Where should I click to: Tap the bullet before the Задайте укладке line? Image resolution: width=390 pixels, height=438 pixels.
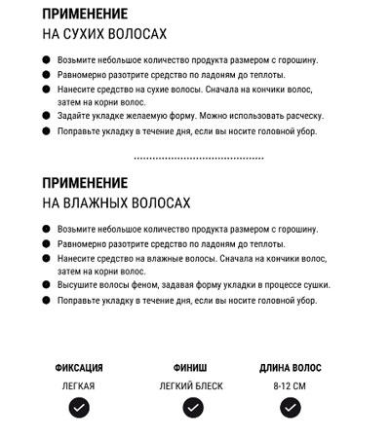(47, 116)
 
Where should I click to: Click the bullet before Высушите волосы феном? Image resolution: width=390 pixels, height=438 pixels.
(47, 285)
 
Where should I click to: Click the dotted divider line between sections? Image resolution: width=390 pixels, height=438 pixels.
(198, 157)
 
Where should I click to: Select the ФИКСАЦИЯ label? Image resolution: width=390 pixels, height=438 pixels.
(79, 368)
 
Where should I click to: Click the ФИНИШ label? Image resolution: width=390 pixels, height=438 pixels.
(190, 368)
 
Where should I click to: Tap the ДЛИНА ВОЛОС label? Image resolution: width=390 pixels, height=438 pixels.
(290, 368)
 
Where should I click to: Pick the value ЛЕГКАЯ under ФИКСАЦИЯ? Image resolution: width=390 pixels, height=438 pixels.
(79, 386)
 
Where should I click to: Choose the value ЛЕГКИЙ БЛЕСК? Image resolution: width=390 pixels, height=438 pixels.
(191, 386)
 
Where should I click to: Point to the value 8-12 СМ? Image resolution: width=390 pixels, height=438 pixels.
(290, 386)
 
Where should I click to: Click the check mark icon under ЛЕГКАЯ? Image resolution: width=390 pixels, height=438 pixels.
(79, 409)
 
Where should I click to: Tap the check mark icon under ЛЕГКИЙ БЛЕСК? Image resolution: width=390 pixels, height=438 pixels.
(191, 409)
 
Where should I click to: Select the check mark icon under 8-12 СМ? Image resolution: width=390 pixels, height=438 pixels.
(290, 409)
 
